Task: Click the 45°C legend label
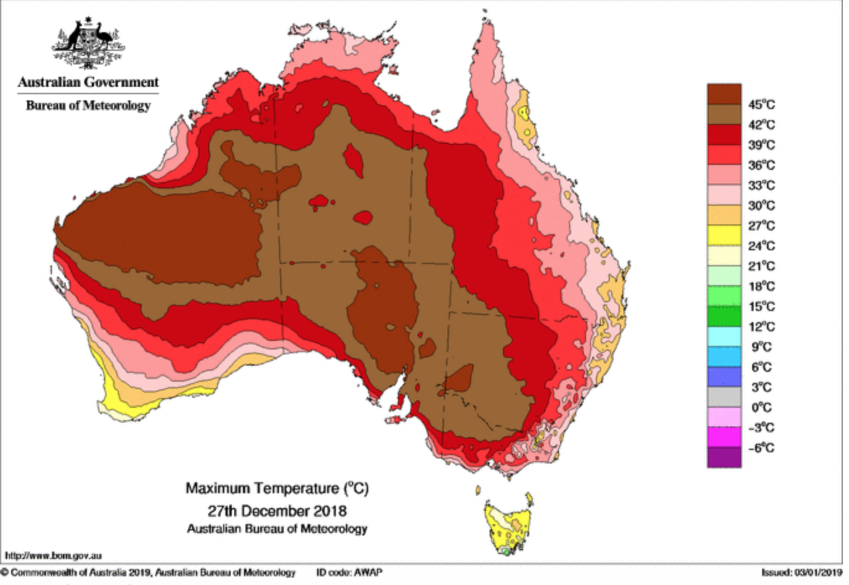coord(761,105)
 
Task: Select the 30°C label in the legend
coord(761,206)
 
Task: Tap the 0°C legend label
coord(761,408)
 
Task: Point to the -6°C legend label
coord(761,448)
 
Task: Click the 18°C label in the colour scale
coord(761,286)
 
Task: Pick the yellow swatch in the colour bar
coord(724,235)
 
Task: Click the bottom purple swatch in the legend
coord(724,457)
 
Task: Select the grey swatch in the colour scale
coord(724,397)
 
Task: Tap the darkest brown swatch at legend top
coord(724,94)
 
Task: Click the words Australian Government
coord(88,82)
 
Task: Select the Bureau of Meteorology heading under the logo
coord(88,105)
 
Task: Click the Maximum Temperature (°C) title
coord(277,488)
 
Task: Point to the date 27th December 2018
coord(277,511)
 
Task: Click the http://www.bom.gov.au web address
coord(53,556)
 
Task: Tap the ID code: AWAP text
coord(349,572)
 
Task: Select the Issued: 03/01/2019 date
coord(801,572)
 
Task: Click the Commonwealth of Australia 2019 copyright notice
coord(149,572)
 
